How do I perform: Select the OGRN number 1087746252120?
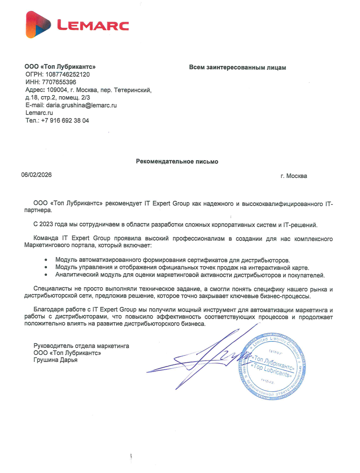68,74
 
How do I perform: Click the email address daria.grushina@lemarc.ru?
81,105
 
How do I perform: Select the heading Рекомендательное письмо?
177,162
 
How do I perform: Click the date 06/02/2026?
37,175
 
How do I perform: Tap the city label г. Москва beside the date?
294,176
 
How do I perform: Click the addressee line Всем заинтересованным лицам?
237,68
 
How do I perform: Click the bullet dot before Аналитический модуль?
47,275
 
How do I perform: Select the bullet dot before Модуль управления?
47,268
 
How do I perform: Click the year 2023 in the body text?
48,225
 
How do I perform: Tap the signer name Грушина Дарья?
56,360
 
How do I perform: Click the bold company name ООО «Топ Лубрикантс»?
60,67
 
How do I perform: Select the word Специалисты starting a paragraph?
50,289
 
